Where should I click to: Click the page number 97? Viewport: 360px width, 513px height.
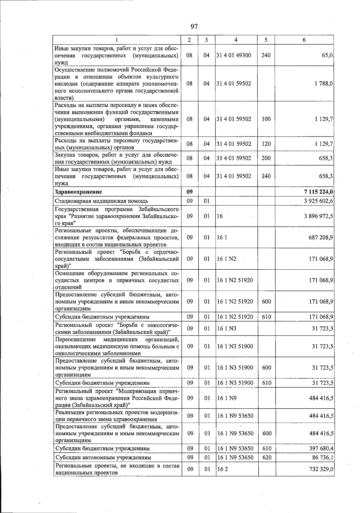tap(194, 26)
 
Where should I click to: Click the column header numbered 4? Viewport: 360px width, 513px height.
tap(236, 40)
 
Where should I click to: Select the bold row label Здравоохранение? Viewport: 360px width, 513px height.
tap(79, 192)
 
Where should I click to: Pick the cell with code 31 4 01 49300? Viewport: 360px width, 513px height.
tap(234, 55)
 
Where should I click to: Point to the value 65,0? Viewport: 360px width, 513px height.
tap(327, 55)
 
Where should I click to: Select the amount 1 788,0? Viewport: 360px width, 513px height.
tap(323, 84)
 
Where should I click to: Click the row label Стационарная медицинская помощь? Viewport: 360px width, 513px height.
tap(101, 201)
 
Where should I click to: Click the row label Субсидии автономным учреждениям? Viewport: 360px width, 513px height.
tap(103, 457)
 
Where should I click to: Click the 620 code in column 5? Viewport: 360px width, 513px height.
tap(266, 457)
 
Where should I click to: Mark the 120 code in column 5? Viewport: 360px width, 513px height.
tap(266, 144)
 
